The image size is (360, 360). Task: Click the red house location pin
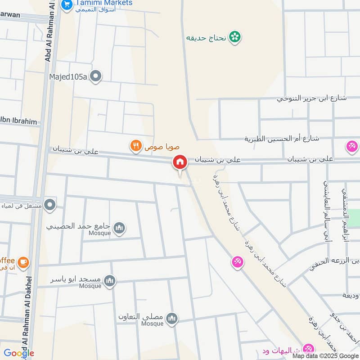pyautogui.click(x=180, y=162)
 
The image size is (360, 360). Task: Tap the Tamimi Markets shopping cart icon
pyautogui.click(x=67, y=4)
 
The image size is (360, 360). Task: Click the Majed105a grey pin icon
pyautogui.click(x=95, y=77)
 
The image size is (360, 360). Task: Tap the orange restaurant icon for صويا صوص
pyautogui.click(x=135, y=145)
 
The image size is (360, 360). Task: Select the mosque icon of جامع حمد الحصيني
pyautogui.click(x=119, y=228)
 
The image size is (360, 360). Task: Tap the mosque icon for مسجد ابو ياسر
pyautogui.click(x=110, y=281)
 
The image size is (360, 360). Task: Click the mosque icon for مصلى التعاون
pyautogui.click(x=171, y=319)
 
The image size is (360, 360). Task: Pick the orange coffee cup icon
pyautogui.click(x=23, y=261)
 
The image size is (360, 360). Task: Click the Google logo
pyautogui.click(x=19, y=353)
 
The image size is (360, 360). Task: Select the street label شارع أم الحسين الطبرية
pyautogui.click(x=282, y=138)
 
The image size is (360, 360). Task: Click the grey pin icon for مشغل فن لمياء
pyautogui.click(x=50, y=205)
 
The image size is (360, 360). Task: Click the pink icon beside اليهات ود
pyautogui.click(x=308, y=349)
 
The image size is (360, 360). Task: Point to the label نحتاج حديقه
pyautogui.click(x=205, y=38)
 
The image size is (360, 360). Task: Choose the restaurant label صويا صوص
pyautogui.click(x=156, y=145)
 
